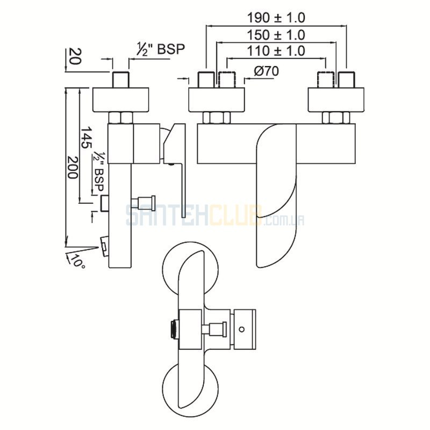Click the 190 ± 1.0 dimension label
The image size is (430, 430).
(x=276, y=18)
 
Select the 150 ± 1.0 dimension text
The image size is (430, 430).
(x=276, y=35)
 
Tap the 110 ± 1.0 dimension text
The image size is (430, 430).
(x=276, y=51)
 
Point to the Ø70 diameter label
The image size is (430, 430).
(x=266, y=71)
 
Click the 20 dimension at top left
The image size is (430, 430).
(x=74, y=56)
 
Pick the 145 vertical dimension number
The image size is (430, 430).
(x=85, y=137)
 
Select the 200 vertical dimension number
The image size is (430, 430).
(x=72, y=167)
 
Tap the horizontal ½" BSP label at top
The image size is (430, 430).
(x=161, y=49)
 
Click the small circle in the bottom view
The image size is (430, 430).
(x=241, y=329)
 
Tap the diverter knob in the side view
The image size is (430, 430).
(x=144, y=202)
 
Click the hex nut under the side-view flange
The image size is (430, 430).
(x=120, y=118)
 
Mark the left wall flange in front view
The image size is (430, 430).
(x=217, y=100)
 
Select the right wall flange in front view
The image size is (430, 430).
(x=336, y=100)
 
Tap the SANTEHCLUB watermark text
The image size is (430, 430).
(x=216, y=216)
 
